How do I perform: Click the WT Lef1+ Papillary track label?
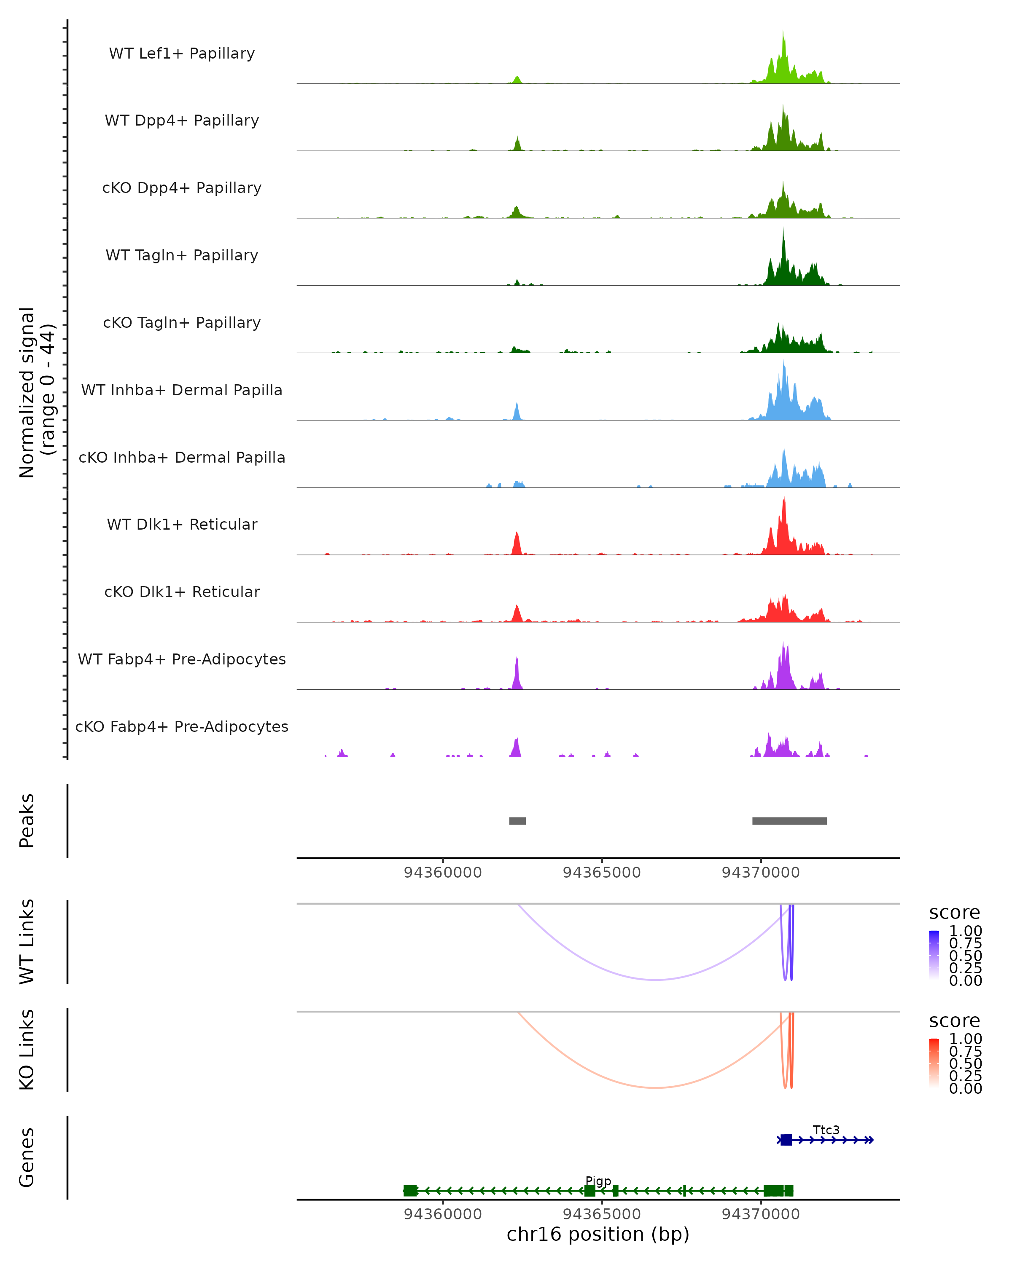tap(182, 54)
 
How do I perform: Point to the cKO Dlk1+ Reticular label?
tap(182, 592)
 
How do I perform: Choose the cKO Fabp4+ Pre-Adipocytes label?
tap(182, 726)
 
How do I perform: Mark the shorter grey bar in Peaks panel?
tap(517, 821)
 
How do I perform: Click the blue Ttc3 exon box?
tap(786, 1140)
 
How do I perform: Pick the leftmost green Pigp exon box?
tap(410, 1191)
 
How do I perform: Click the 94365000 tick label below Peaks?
tap(602, 873)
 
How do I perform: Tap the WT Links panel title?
tap(27, 942)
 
